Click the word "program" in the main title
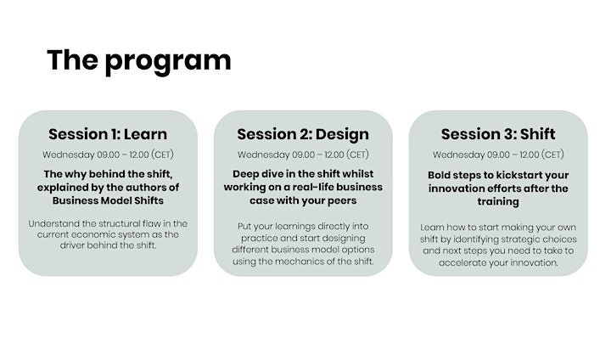(168, 62)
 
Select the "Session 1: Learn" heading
(108, 134)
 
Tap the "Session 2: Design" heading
(303, 134)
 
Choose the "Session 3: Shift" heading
(498, 134)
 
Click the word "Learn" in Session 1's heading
(145, 134)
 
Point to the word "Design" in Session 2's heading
(342, 135)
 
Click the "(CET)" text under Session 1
(162, 155)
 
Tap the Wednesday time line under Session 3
(498, 155)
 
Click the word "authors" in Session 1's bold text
(147, 187)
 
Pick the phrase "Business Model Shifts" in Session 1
(108, 200)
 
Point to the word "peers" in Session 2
(343, 201)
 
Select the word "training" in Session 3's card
(498, 202)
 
